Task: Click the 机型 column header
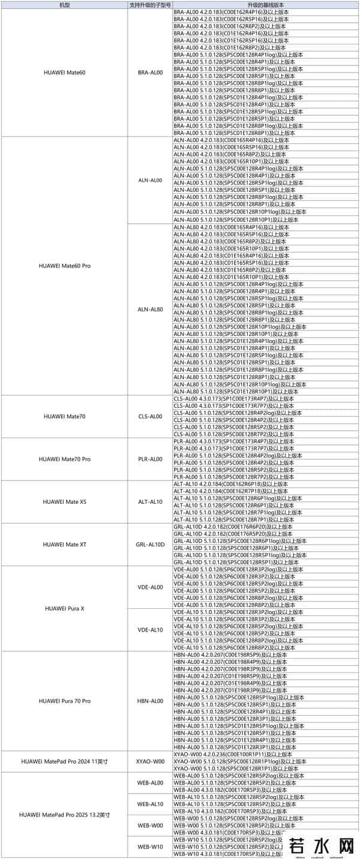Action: pos(64,5)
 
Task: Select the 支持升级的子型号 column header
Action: pos(150,5)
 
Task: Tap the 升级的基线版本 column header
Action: pos(265,5)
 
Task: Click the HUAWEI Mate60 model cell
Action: pos(64,73)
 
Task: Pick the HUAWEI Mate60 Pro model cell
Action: pos(64,265)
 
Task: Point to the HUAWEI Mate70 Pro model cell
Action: pos(64,459)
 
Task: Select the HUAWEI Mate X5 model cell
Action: pos(64,501)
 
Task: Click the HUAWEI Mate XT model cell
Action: pos(64,544)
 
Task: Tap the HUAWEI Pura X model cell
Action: pos(64,608)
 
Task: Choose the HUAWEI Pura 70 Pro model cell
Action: pos(64,701)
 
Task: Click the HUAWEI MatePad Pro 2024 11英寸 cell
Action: pos(64,761)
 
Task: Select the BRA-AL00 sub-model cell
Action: pos(150,73)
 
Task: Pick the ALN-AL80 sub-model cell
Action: pos(150,309)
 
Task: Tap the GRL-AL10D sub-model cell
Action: pos(150,544)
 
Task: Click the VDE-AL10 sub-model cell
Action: pos(150,630)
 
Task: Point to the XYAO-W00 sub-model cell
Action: pos(150,761)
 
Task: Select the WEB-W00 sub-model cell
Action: pos(150,825)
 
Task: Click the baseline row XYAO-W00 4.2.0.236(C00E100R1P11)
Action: pos(230,754)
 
